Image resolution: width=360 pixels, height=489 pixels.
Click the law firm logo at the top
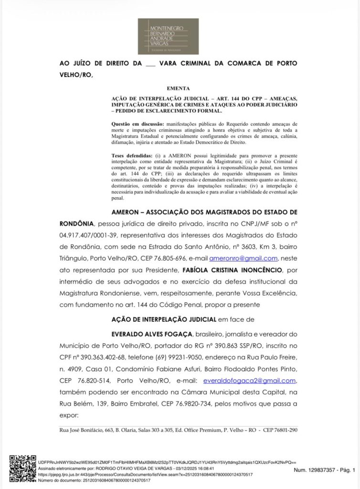tap(168, 36)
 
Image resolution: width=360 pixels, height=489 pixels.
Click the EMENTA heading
tap(178, 88)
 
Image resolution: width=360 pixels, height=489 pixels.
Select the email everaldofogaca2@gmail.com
tap(250, 381)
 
